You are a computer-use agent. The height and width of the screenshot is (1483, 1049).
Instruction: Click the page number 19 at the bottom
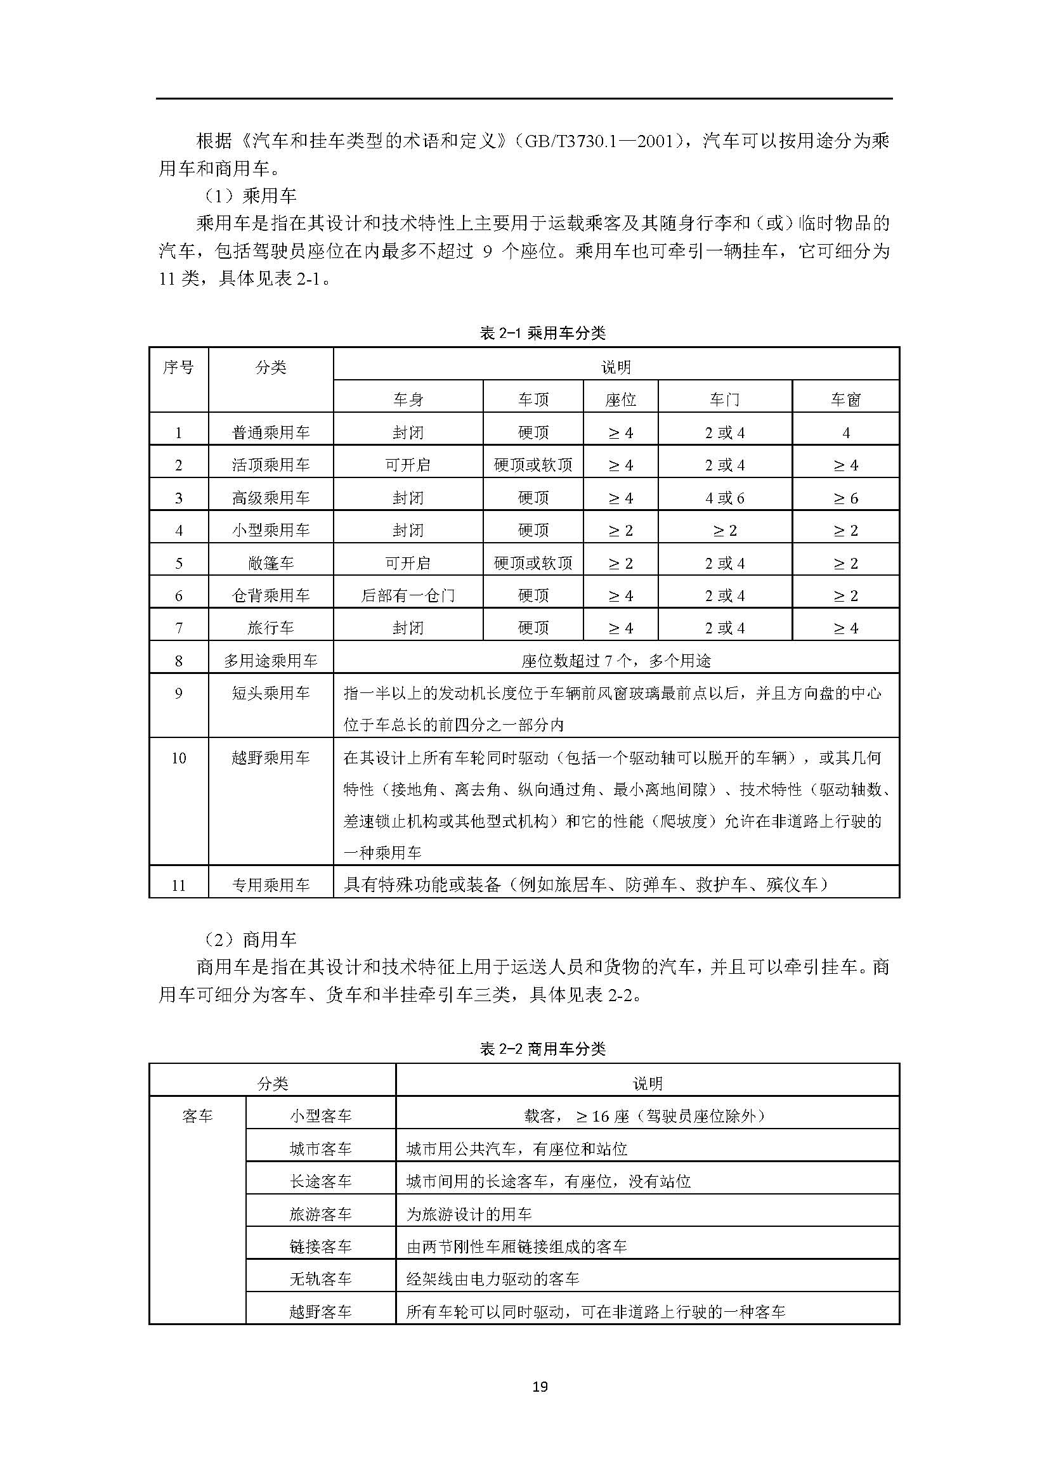(x=540, y=1386)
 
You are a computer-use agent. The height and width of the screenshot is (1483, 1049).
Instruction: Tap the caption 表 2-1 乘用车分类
(x=543, y=334)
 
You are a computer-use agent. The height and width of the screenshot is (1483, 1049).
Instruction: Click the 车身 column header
(x=408, y=400)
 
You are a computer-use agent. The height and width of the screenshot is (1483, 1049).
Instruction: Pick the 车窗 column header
(x=845, y=400)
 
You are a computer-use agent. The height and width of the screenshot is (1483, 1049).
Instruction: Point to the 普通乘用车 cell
(x=271, y=433)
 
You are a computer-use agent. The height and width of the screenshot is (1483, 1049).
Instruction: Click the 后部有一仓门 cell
(x=408, y=595)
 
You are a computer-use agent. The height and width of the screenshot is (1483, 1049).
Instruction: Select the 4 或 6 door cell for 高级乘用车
(x=725, y=498)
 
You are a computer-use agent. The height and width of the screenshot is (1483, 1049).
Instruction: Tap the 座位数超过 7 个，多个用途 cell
(x=616, y=661)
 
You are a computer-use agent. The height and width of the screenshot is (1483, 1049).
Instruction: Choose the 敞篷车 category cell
(x=271, y=563)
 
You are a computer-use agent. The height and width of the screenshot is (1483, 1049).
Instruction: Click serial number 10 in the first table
(x=179, y=758)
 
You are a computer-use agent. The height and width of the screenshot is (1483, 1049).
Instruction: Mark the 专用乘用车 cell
(x=271, y=885)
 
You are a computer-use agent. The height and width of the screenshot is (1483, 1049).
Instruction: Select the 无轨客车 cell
(x=320, y=1279)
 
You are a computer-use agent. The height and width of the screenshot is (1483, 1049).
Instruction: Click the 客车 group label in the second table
(x=198, y=1117)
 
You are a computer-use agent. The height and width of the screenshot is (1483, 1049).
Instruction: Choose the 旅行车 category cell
(x=271, y=628)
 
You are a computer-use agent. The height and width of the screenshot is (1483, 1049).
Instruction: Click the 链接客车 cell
(x=320, y=1247)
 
